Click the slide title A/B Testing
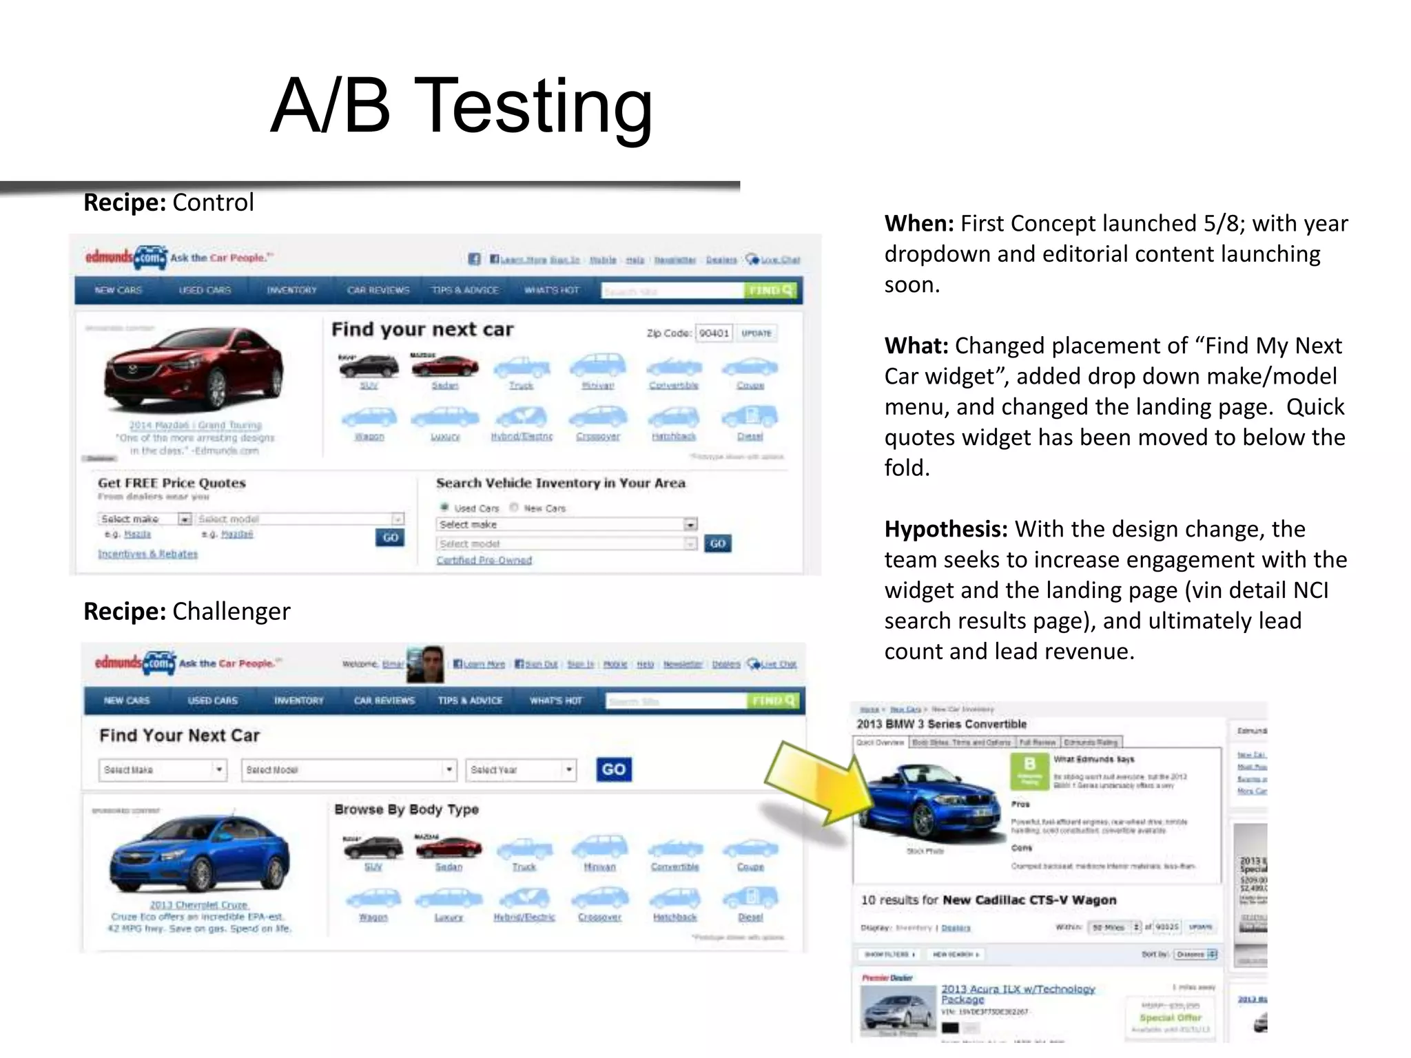[x=461, y=107]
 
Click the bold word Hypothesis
[x=945, y=529]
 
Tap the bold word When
[x=918, y=223]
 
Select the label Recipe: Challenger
[x=187, y=611]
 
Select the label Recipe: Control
[x=168, y=203]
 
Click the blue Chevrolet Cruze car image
[x=199, y=854]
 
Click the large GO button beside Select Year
[x=613, y=769]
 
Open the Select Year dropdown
[x=521, y=769]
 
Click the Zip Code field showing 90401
[x=714, y=333]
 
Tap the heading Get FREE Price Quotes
[x=172, y=483]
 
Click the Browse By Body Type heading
[x=406, y=809]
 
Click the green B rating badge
[x=1029, y=769]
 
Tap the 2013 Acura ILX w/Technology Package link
[x=1017, y=994]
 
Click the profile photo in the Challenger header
[x=425, y=664]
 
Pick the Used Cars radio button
[x=444, y=508]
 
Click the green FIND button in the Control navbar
[x=770, y=291]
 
